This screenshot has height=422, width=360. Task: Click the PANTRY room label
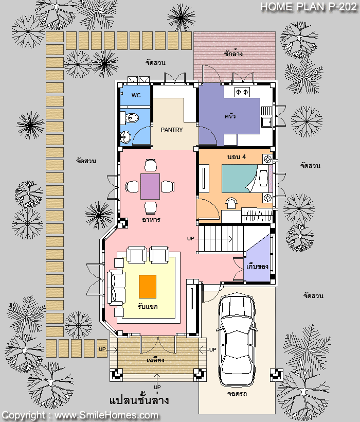tap(172, 130)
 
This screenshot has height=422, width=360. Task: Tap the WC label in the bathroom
tap(136, 95)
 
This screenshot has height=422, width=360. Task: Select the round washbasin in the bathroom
tap(125, 137)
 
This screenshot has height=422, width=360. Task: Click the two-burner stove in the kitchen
tap(242, 92)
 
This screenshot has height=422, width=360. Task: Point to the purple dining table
tap(150, 186)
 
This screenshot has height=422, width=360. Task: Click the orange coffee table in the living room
tap(147, 286)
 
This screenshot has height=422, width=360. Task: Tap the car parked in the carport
tap(237, 341)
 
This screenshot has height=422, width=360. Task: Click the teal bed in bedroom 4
tap(239, 179)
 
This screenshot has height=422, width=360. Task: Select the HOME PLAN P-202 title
tap(309, 7)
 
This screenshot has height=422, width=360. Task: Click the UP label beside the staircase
tap(190, 239)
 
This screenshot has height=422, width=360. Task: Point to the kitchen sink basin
tap(266, 122)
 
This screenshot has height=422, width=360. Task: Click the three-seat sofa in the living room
tap(116, 288)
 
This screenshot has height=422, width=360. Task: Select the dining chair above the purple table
tap(150, 165)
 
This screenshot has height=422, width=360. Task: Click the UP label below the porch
tap(157, 387)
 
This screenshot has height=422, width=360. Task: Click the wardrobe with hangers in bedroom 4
tap(257, 215)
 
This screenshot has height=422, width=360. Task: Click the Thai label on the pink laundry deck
tap(233, 54)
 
